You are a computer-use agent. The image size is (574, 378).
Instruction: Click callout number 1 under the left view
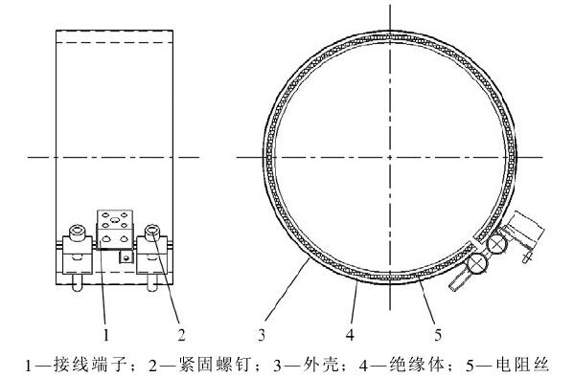[106, 335]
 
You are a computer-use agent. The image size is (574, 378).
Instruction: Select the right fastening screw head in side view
[152, 233]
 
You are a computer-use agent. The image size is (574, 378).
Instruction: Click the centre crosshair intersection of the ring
[391, 156]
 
